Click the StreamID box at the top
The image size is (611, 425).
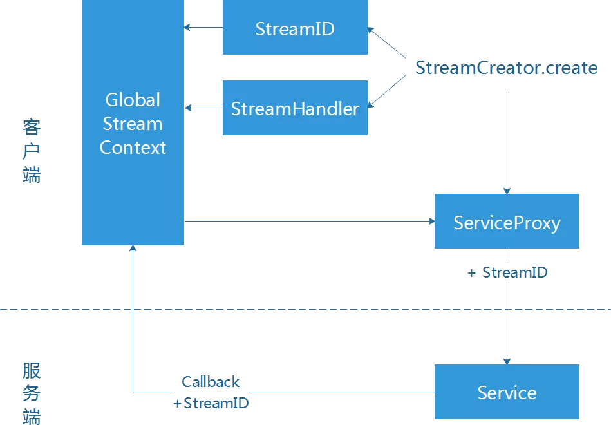(x=295, y=29)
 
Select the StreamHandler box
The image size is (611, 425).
(x=295, y=108)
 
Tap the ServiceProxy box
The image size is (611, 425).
(x=507, y=222)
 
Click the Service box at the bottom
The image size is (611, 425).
(x=507, y=392)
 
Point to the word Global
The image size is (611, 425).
(x=133, y=100)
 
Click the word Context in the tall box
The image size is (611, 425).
(x=133, y=147)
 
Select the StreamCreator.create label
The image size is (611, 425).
(x=506, y=68)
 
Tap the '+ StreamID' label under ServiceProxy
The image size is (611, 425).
(x=508, y=272)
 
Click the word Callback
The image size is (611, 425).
(x=211, y=382)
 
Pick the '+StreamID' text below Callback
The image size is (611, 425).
(x=211, y=404)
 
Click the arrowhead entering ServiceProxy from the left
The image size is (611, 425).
(x=431, y=222)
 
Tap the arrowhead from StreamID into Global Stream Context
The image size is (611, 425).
(x=187, y=27)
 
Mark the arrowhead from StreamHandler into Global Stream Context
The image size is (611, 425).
(x=187, y=107)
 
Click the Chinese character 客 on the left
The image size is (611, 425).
(x=31, y=126)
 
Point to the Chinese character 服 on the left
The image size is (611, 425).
(x=31, y=371)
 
